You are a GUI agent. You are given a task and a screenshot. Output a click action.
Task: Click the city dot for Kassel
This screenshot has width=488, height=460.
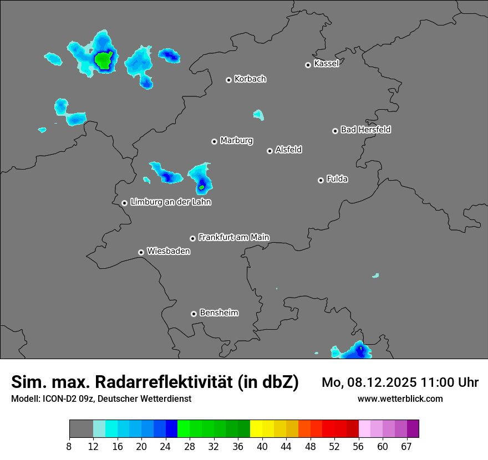click(x=308, y=65)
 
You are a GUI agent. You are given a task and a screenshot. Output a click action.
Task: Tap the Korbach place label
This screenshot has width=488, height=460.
click(x=250, y=79)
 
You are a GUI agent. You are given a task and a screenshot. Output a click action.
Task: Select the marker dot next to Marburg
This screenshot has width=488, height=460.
click(x=214, y=141)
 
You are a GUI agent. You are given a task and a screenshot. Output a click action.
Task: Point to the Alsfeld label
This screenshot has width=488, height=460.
click(x=288, y=150)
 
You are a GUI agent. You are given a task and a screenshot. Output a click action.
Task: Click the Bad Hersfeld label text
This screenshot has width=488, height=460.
click(x=365, y=130)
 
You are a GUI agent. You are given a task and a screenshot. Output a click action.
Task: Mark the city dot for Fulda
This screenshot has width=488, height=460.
click(x=321, y=180)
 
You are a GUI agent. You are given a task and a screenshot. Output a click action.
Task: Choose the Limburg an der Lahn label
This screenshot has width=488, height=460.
click(x=170, y=202)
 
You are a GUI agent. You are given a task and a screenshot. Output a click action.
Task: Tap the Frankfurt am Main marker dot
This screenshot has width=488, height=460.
click(x=192, y=238)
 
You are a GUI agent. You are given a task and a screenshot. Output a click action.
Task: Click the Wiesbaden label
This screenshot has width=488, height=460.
click(x=168, y=251)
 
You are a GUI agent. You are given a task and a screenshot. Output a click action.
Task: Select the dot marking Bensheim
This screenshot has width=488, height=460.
click(x=194, y=314)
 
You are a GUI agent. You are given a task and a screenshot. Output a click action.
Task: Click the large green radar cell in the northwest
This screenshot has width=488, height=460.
click(x=104, y=59)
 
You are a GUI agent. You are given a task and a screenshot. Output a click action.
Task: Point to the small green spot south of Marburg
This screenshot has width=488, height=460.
click(x=201, y=187)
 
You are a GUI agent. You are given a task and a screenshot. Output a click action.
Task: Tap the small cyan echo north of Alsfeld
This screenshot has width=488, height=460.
click(x=258, y=115)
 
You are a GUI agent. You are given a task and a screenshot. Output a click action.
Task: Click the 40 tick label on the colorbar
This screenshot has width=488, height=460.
click(x=262, y=446)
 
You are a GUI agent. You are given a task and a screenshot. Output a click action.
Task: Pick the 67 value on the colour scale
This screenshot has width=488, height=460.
click(x=406, y=446)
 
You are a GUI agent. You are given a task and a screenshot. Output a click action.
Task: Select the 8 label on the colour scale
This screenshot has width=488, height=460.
click(x=69, y=446)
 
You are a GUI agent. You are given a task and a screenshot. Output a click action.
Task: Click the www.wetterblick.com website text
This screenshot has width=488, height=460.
click(x=400, y=398)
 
